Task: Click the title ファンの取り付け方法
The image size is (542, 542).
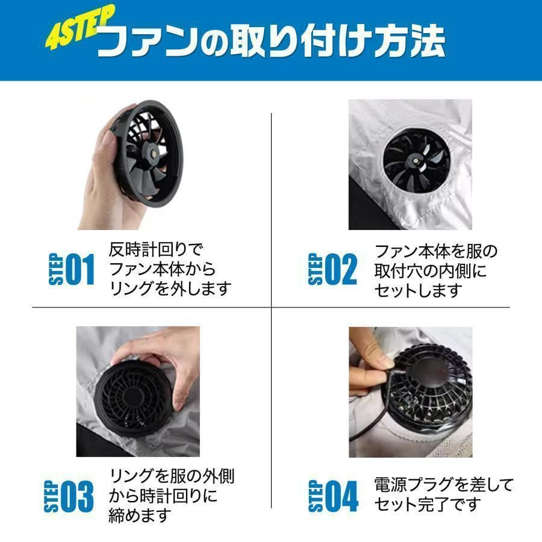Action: (x=271, y=42)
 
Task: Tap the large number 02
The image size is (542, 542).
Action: (x=341, y=269)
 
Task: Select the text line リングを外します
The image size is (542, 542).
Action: (x=170, y=289)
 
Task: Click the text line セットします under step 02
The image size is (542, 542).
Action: (x=419, y=290)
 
